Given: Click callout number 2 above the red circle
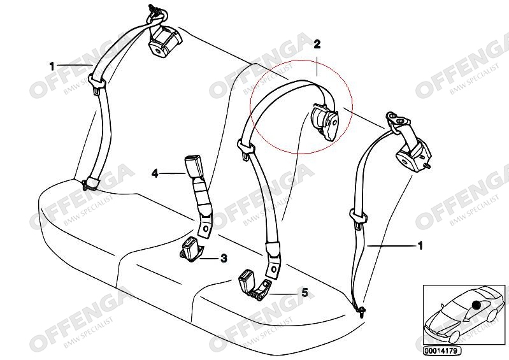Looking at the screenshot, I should pos(317,44).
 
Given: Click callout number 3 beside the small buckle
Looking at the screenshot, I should pos(224,258).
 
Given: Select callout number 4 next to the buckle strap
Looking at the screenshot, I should pos(154,172).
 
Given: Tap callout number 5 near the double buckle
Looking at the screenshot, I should pos(305,292).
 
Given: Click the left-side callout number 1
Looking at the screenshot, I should pos(52,65).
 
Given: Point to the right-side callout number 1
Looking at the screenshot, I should pos(419,245).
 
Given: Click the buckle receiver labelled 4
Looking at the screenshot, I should pos(194,167).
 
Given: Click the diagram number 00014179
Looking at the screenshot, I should pos(441,350).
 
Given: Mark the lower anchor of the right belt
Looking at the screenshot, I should pos(361,310).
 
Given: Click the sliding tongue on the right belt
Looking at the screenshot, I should pos(357,217).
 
